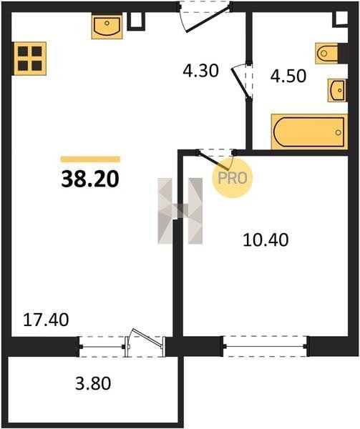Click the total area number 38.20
point(90,179)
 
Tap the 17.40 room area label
point(46,320)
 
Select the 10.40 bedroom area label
point(266,240)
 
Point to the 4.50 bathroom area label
point(288,76)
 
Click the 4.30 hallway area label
point(200,71)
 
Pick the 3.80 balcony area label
point(93,383)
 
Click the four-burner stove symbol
point(29,59)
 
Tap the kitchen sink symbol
point(107,27)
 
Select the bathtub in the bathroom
point(309,132)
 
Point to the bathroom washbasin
point(337,90)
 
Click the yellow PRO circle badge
point(232,178)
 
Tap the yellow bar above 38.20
point(90,159)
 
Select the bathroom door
point(241,82)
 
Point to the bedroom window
point(266,346)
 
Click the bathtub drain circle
point(338,132)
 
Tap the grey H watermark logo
point(180,211)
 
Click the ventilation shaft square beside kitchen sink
point(136,20)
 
